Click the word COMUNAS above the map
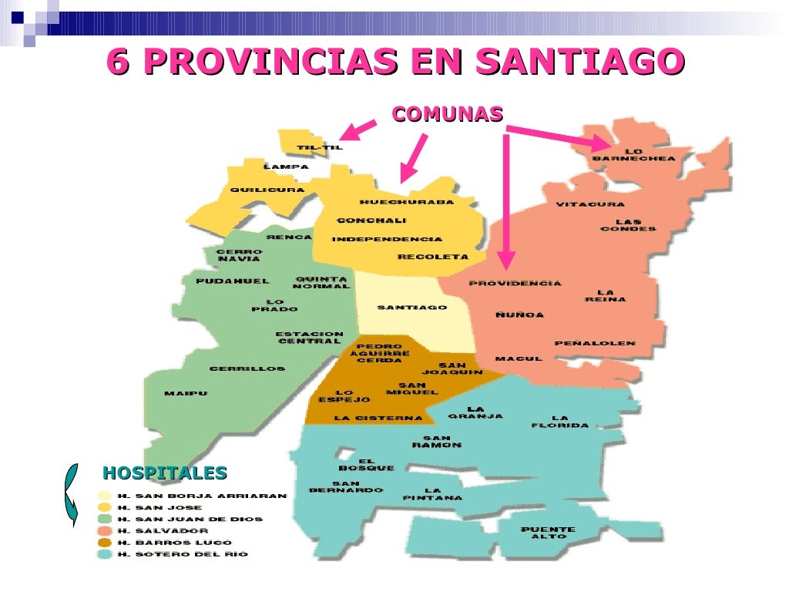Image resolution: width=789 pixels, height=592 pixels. pyautogui.click(x=447, y=114)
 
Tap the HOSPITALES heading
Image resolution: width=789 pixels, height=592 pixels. pyautogui.click(x=165, y=473)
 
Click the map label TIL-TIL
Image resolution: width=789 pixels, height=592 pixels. pyautogui.click(x=319, y=147)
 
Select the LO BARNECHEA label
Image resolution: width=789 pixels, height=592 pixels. pyautogui.click(x=633, y=154)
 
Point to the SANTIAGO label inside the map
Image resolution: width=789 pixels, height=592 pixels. pyautogui.click(x=411, y=308)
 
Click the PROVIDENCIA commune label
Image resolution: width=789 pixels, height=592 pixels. pyautogui.click(x=515, y=284)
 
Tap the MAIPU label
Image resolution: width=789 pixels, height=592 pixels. pyautogui.click(x=186, y=394)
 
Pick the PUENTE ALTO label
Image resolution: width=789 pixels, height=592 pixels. pyautogui.click(x=548, y=533)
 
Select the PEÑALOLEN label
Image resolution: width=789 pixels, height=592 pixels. pyautogui.click(x=595, y=343)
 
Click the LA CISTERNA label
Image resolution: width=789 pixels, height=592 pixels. pyautogui.click(x=378, y=419)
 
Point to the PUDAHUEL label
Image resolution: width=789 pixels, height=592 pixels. pyautogui.click(x=233, y=281)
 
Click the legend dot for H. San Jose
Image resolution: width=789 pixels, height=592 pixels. pyautogui.click(x=104, y=508)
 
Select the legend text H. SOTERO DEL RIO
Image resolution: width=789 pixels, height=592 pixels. pyautogui.click(x=183, y=554)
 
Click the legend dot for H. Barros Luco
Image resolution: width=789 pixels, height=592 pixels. pyautogui.click(x=104, y=543)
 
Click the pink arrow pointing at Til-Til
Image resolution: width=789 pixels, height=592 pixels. pyautogui.click(x=357, y=130)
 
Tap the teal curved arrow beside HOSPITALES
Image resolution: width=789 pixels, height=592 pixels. pyautogui.click(x=70, y=494)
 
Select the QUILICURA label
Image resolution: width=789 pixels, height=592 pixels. pyautogui.click(x=267, y=190)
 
